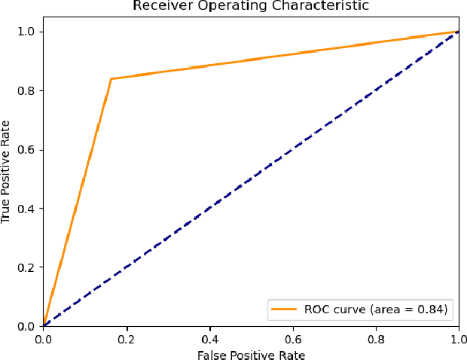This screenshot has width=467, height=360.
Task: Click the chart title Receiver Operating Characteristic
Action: pyautogui.click(x=251, y=7)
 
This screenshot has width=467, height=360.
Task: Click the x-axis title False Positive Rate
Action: pyautogui.click(x=251, y=353)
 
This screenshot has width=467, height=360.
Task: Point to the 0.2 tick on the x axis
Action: pyautogui.click(x=127, y=338)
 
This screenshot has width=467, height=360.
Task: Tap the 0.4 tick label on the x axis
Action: pyautogui.click(x=209, y=338)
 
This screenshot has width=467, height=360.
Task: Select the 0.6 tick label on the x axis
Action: pyautogui.click(x=292, y=338)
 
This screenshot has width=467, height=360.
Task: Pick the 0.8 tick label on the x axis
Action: pyautogui.click(x=376, y=338)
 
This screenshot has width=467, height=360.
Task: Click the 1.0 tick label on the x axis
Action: pyautogui.click(x=458, y=338)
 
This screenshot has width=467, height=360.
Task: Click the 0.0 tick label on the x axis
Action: pyautogui.click(x=44, y=338)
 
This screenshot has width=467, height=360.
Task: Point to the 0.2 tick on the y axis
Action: pyautogui.click(x=29, y=267)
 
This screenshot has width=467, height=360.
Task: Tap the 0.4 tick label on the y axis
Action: pyautogui.click(x=29, y=209)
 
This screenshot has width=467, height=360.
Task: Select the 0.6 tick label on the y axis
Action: pyautogui.click(x=29, y=149)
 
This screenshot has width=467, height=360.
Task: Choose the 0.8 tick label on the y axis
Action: pyautogui.click(x=29, y=90)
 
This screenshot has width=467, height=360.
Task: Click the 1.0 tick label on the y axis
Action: pyautogui.click(x=29, y=32)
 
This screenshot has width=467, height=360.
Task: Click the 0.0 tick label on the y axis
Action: pyautogui.click(x=29, y=326)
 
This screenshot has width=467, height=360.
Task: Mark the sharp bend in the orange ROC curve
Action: pyautogui.click(x=111, y=78)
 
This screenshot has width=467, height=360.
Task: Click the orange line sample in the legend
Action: pyautogui.click(x=285, y=309)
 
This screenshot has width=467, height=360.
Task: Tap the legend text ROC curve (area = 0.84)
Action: pyautogui.click(x=376, y=309)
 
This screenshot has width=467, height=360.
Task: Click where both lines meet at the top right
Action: pyautogui.click(x=458, y=32)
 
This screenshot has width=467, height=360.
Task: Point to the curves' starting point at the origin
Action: pyautogui.click(x=44, y=326)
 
